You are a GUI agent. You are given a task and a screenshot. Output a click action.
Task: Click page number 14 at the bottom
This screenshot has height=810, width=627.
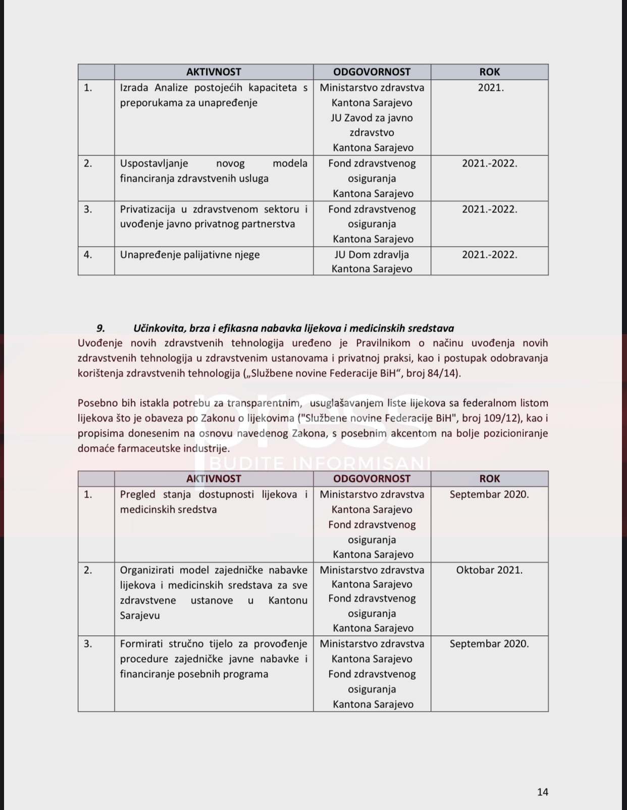coord(542,792)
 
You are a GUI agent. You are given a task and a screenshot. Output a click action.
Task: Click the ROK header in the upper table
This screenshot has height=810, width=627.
coord(489,72)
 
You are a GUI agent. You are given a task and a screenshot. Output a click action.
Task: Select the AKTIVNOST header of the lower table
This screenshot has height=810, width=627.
coord(214,478)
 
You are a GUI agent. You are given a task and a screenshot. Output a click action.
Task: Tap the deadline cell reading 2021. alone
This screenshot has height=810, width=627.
coord(490,88)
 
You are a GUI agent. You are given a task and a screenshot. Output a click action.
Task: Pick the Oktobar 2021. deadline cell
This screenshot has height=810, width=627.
coord(489,570)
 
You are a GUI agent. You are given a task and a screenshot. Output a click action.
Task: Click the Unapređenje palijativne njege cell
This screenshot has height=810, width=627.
coord(190,254)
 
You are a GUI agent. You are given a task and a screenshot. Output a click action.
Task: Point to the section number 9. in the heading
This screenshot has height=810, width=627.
coord(100,328)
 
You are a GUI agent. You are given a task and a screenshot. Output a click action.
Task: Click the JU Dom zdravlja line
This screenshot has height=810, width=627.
coord(372,254)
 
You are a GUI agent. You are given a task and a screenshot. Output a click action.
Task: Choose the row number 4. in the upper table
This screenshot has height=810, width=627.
coord(88,254)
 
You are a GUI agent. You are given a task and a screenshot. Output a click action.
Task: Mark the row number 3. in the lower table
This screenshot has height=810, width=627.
coord(88,643)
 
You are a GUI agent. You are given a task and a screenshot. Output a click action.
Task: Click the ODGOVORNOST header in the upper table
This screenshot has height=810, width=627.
coord(372,72)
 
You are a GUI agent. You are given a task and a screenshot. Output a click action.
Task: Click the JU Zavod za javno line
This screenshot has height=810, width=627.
coord(372,118)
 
